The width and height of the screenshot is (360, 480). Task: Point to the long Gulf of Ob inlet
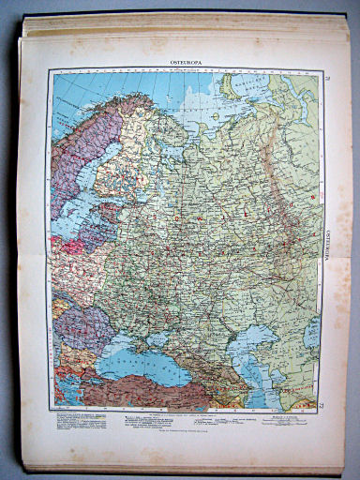click(x=298, y=103)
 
